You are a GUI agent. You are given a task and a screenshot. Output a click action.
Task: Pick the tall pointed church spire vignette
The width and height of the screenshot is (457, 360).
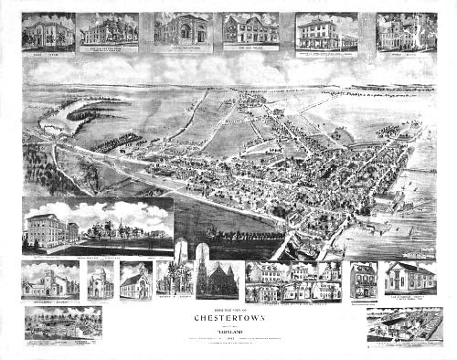pos(200,277)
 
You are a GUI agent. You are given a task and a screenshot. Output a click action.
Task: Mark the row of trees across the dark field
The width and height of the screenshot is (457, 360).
pos(118,142)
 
